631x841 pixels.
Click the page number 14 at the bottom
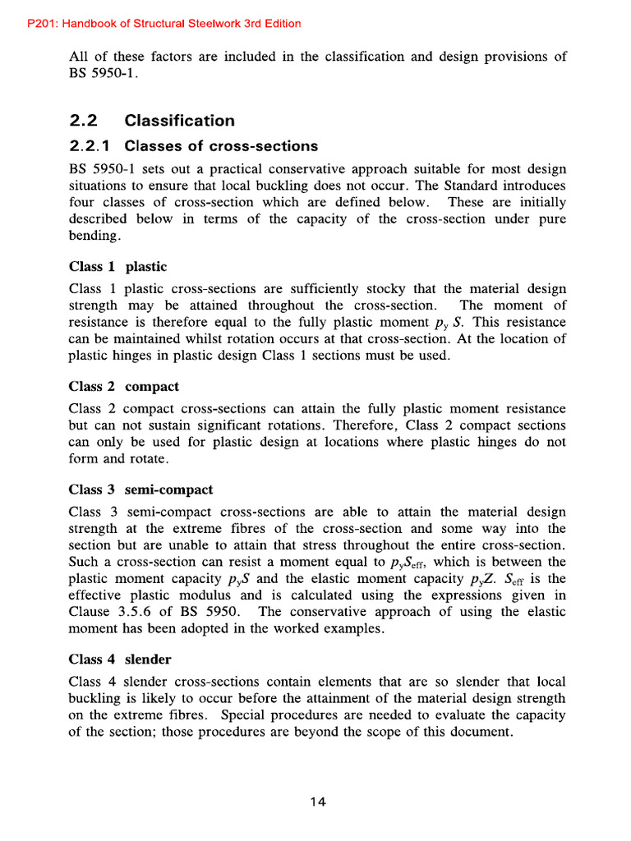(318, 802)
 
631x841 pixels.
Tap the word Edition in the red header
(279, 24)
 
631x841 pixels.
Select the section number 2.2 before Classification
(84, 121)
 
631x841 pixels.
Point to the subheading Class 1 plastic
(117, 266)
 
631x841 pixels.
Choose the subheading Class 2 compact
(124, 386)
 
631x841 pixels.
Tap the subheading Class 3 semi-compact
(140, 489)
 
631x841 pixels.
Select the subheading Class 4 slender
(120, 659)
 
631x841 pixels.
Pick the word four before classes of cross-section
(82, 202)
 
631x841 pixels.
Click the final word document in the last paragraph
(484, 733)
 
